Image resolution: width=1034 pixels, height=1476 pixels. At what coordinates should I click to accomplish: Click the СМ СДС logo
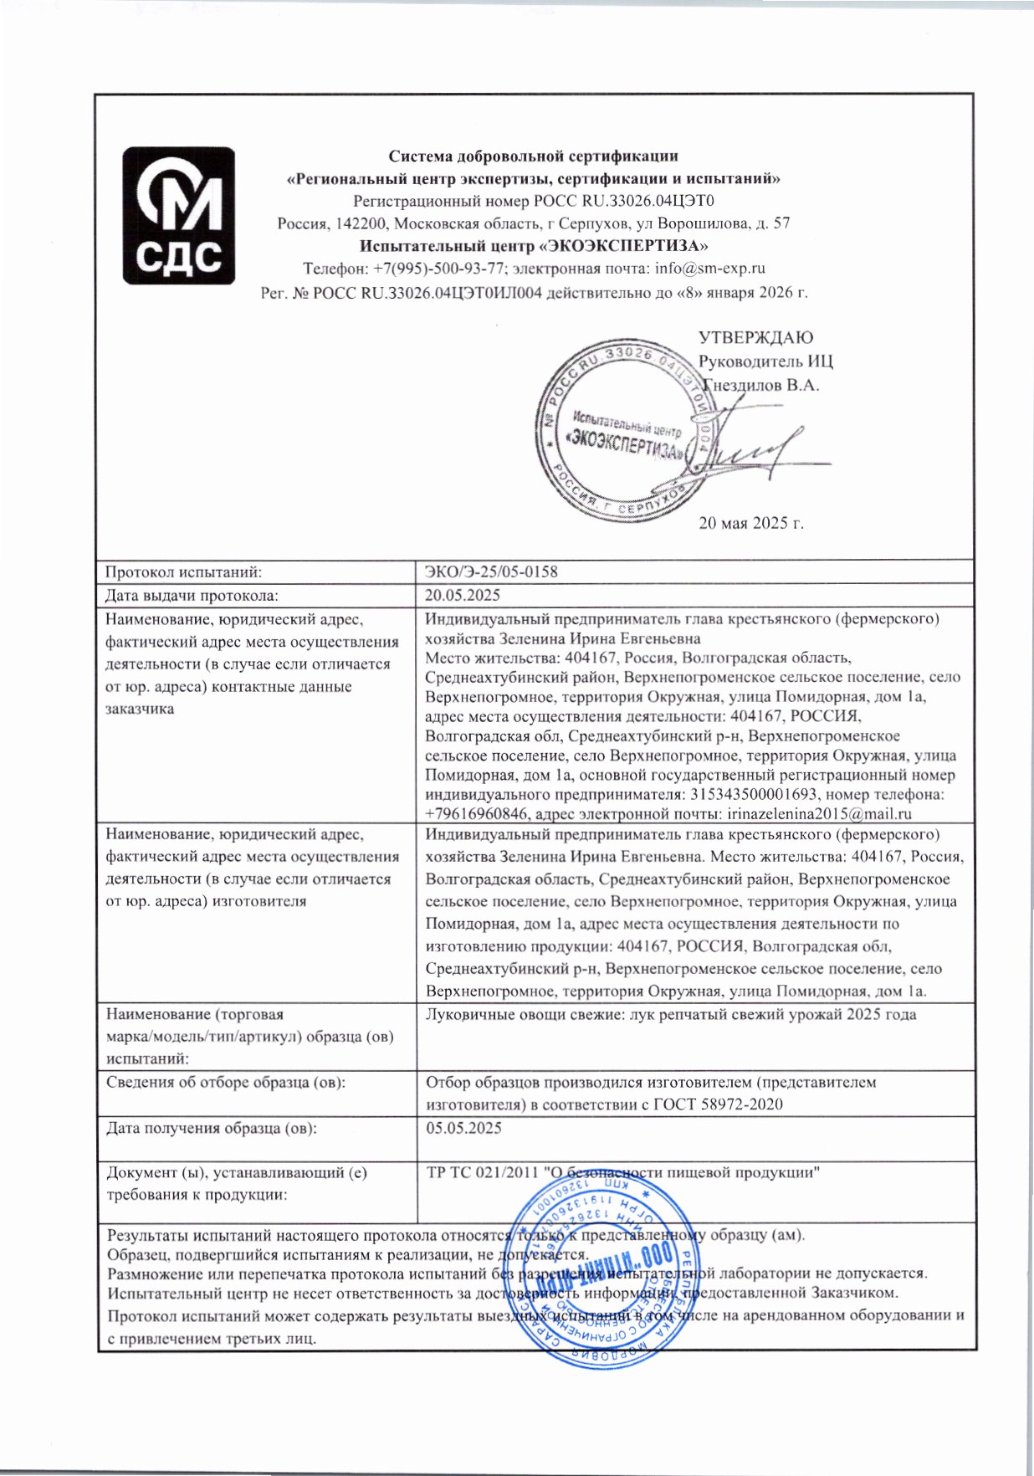click(x=179, y=215)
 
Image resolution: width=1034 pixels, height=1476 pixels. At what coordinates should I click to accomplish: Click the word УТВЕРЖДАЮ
click(x=755, y=338)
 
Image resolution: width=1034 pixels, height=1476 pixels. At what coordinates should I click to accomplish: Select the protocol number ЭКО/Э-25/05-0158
click(x=492, y=572)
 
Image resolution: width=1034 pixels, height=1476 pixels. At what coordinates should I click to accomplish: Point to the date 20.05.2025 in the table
click(x=463, y=595)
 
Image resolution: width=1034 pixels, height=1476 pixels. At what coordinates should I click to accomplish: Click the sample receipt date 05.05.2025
click(x=464, y=1127)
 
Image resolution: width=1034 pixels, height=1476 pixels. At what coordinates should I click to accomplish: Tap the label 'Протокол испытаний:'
click(x=184, y=572)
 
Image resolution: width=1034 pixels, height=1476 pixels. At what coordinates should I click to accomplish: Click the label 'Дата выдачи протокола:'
click(x=192, y=595)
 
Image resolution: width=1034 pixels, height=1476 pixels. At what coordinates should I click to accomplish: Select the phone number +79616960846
click(x=478, y=813)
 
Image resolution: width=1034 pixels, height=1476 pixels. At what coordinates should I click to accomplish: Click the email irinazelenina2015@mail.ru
click(x=820, y=813)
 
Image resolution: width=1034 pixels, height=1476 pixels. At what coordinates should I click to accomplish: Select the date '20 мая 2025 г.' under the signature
click(x=751, y=524)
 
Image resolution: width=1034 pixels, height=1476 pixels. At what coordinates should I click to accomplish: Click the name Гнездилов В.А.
click(x=760, y=386)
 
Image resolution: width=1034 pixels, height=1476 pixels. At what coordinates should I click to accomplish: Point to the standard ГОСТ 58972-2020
click(x=719, y=1104)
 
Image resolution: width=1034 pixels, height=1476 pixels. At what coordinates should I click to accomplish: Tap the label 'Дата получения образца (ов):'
click(x=212, y=1127)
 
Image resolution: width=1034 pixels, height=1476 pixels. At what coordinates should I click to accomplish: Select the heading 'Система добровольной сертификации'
click(x=534, y=156)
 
